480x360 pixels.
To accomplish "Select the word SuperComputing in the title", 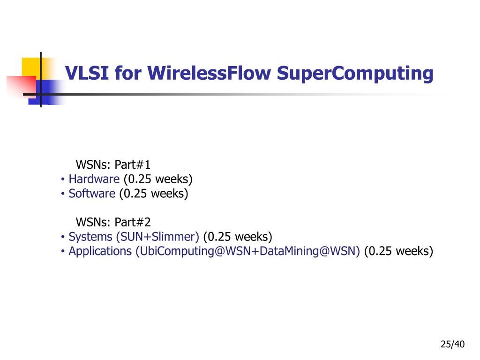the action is click(355, 73).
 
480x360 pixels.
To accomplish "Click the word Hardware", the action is click(94, 179).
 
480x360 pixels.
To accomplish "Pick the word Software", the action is click(92, 193).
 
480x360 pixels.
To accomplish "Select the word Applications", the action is click(100, 251).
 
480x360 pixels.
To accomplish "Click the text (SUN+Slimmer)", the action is click(158, 237).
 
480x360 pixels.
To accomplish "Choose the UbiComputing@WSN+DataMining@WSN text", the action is click(248, 251).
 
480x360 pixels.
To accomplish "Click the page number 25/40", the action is click(452, 345).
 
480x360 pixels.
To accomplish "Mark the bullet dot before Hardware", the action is click(63, 180).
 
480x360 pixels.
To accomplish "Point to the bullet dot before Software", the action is click(63, 194).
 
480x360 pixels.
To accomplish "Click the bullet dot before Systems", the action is click(63, 237).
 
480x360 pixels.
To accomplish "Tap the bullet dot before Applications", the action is click(63, 252).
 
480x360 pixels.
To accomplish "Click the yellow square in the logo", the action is click(30, 66).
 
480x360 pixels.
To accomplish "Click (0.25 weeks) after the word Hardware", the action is click(158, 179).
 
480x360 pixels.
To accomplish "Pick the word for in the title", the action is click(126, 73).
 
